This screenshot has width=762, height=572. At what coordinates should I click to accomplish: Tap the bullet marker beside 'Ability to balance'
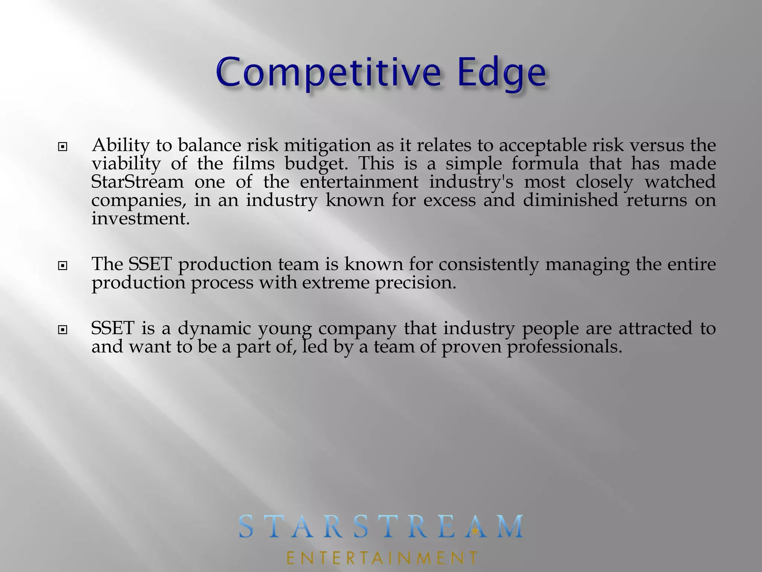[63, 147]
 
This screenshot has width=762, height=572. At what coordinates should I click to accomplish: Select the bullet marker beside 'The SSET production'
[63, 266]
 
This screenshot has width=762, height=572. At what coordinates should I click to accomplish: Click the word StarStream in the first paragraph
[137, 182]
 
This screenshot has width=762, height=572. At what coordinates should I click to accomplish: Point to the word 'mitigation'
[327, 146]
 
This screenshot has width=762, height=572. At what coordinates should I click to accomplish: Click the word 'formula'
[545, 164]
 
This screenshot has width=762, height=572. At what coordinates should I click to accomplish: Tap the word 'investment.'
[141, 219]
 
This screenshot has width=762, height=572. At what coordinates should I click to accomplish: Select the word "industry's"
[471, 182]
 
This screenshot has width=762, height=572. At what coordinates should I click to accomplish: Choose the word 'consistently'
[488, 265]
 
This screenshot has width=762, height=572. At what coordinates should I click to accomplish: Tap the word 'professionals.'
[564, 347]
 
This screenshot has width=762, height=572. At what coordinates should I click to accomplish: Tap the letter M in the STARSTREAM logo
[509, 527]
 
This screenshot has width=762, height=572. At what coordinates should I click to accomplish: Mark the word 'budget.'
[317, 164]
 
